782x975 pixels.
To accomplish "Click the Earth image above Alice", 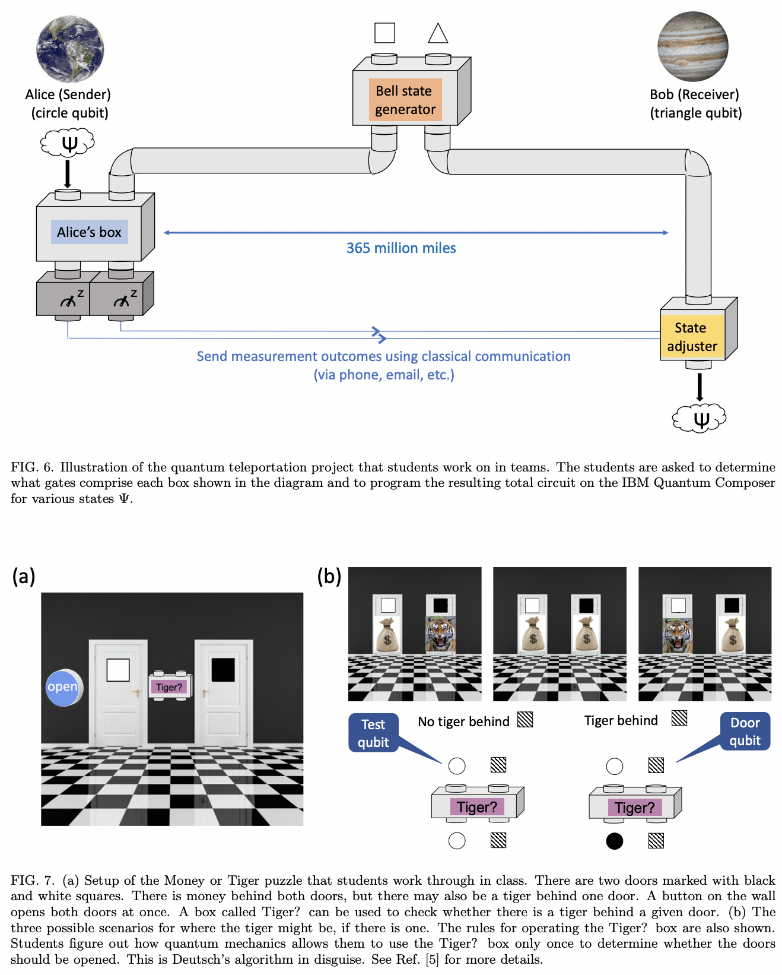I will pos(70,49).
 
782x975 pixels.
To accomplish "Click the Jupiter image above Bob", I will pos(693,46).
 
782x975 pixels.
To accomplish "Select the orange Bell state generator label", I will pos(405,100).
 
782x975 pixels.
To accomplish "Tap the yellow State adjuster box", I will pos(692,337).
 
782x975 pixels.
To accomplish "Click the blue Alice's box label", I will pos(89,232).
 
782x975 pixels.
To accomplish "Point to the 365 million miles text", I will pos(401,248).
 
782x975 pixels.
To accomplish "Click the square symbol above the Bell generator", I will pos(384,33).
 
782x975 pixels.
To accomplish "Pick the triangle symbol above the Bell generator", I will pos(438,33).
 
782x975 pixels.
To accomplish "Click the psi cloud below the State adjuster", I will pos(700,419).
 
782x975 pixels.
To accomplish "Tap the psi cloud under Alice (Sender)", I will pos(68,143).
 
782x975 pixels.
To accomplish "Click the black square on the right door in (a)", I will pos(223,670).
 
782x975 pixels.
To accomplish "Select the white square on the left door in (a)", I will pos(118,670).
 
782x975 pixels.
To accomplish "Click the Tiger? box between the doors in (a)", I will pos(170,686).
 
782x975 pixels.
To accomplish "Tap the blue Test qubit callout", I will pos(373,733).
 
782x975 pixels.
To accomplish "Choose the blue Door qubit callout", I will pos(745,732).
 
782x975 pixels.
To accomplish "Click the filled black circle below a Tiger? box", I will pos(615,841).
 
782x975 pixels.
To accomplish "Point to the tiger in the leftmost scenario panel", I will pos(441,635).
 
